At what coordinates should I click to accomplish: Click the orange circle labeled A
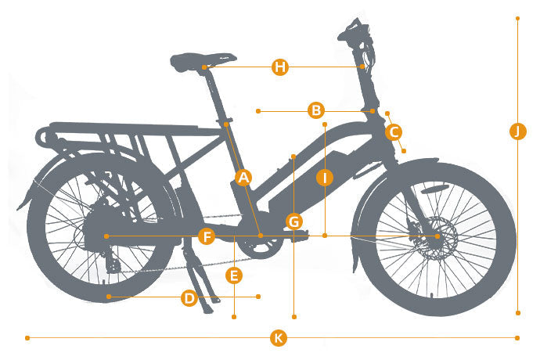(243, 178)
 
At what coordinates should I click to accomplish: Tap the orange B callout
(316, 110)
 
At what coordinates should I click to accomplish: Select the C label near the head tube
(394, 132)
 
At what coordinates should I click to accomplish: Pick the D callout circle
(189, 297)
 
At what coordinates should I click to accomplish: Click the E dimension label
(234, 275)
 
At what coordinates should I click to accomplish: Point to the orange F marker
(207, 236)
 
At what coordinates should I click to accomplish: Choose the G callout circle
(294, 221)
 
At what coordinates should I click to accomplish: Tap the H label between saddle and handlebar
(280, 67)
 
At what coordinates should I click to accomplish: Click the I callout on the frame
(325, 178)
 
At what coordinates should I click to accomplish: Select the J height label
(517, 131)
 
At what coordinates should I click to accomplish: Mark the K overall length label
(279, 337)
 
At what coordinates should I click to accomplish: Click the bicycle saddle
(201, 61)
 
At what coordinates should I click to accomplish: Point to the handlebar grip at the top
(353, 31)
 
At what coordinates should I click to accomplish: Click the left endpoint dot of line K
(27, 338)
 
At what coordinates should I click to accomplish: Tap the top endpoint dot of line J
(517, 18)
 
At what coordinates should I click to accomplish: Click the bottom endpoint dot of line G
(294, 317)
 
